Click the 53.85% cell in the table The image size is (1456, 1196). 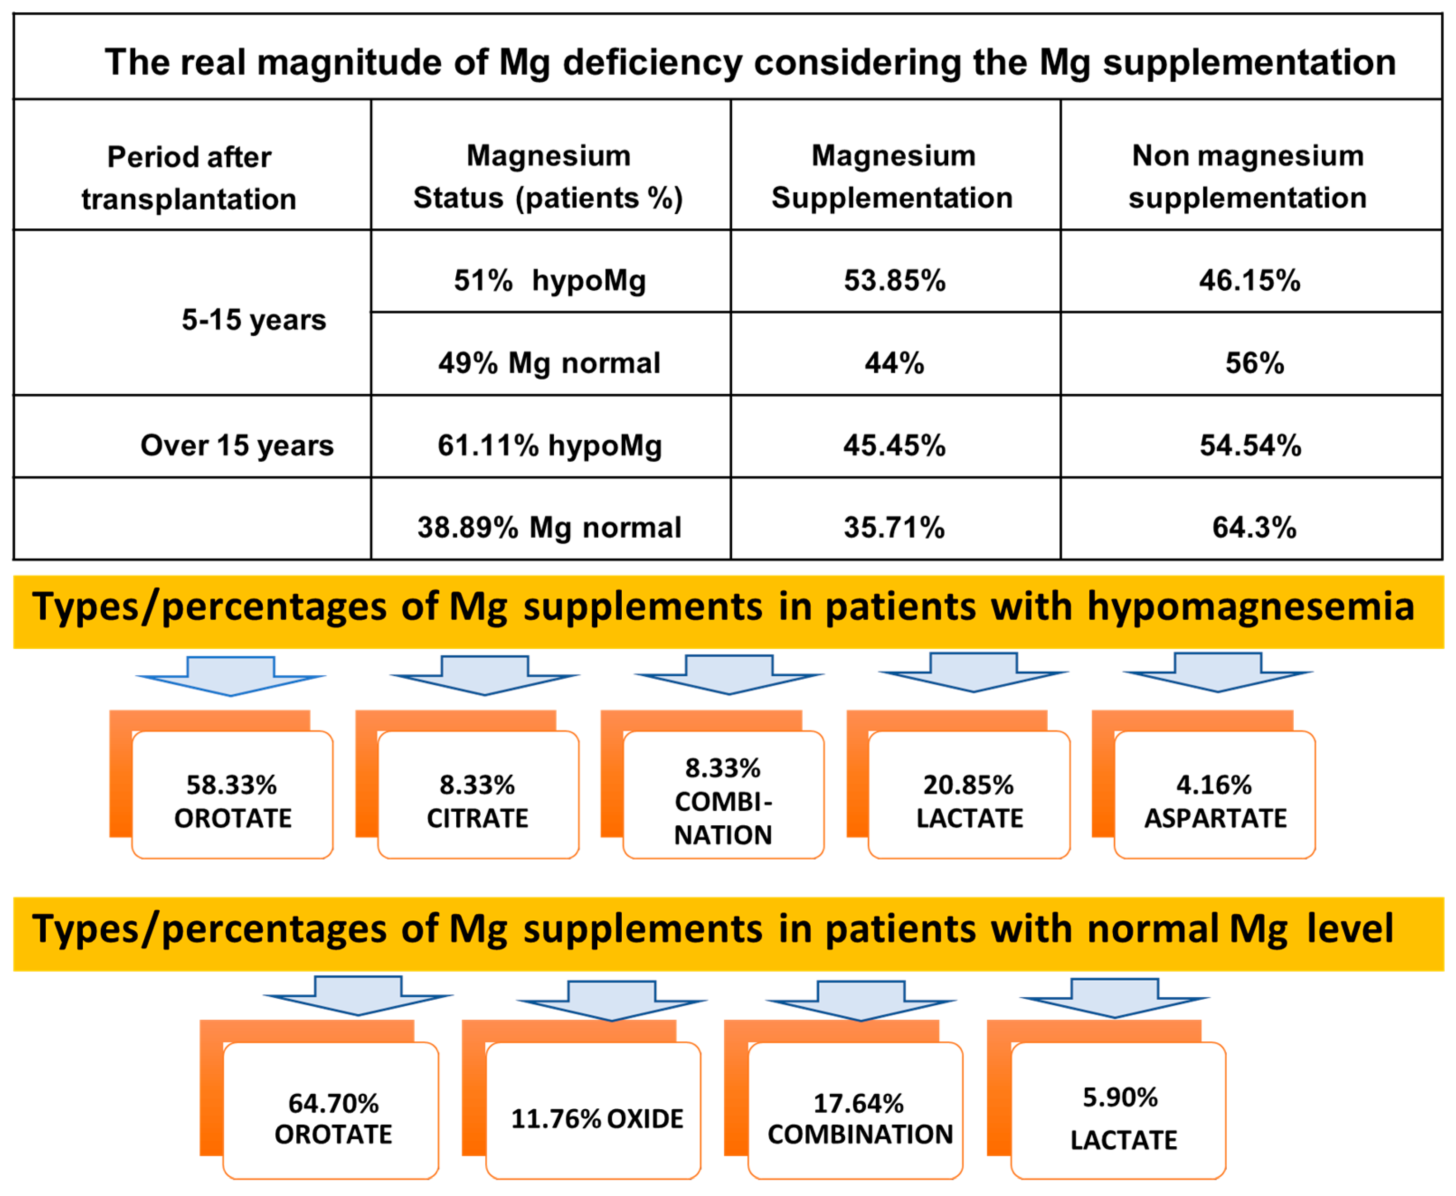pos(894,280)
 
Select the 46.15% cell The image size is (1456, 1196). pos(1249,280)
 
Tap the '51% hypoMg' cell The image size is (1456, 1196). pos(549,280)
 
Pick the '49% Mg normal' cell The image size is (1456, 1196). pos(549,363)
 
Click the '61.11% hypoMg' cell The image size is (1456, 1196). pos(549,445)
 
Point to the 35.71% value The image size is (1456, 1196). pos(894,528)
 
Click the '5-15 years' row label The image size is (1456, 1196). pos(254,320)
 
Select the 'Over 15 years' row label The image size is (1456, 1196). pos(236,445)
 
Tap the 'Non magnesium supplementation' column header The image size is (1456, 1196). pos(1248,176)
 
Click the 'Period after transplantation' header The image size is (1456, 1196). pos(189,178)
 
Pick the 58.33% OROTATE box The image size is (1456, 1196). pos(232,801)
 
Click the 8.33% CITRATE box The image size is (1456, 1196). pos(477,801)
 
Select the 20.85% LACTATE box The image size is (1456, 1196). pos(969,801)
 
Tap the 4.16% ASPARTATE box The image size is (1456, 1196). pos(1215,801)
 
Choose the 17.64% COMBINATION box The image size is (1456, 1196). pos(859,1119)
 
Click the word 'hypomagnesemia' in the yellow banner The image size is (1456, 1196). pos(1251,607)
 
